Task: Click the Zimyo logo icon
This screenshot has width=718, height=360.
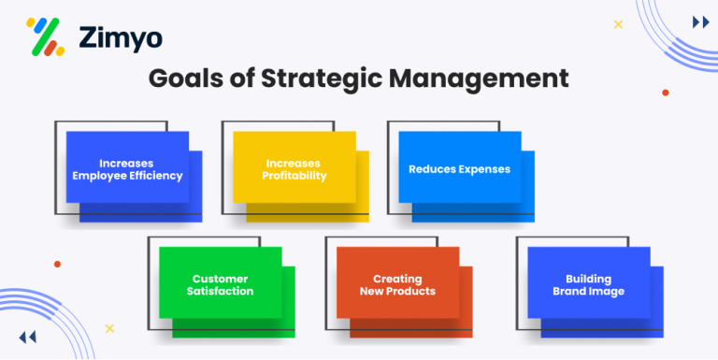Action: click(x=45, y=36)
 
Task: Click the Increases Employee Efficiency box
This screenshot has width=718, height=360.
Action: click(x=128, y=168)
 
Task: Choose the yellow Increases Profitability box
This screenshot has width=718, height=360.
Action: click(x=294, y=168)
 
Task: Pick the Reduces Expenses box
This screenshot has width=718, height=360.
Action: click(x=460, y=168)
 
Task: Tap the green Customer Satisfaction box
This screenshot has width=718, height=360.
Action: click(x=221, y=284)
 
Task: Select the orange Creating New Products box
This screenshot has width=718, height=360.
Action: click(x=397, y=284)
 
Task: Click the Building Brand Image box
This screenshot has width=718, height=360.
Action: click(x=588, y=284)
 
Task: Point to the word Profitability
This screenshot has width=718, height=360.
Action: click(x=294, y=176)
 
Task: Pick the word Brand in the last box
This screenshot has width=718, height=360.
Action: click(x=569, y=291)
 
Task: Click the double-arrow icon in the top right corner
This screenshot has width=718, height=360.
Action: click(x=699, y=22)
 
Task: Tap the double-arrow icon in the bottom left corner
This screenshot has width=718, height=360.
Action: click(x=27, y=337)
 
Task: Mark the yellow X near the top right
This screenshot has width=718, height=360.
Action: click(x=618, y=24)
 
